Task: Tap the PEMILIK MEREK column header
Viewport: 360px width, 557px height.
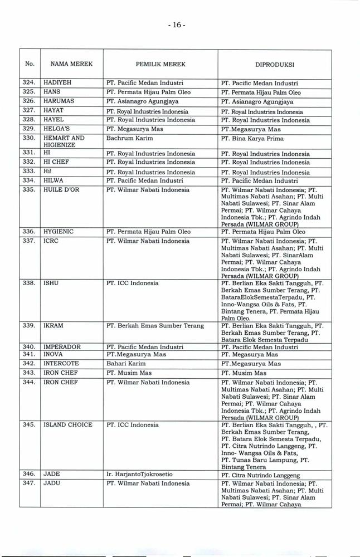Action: coord(160,64)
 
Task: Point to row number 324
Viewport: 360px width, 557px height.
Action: coord(30,84)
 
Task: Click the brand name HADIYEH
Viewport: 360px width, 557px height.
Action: coord(57,84)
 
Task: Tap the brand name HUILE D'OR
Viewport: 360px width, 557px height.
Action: coord(62,189)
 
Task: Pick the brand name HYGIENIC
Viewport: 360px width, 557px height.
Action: coord(59,231)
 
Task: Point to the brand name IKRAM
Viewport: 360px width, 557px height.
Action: coord(53,325)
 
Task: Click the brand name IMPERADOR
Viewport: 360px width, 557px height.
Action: coord(62,346)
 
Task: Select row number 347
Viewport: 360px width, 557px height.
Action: coord(30,483)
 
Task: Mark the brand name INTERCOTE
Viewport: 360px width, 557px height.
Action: coord(61,363)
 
